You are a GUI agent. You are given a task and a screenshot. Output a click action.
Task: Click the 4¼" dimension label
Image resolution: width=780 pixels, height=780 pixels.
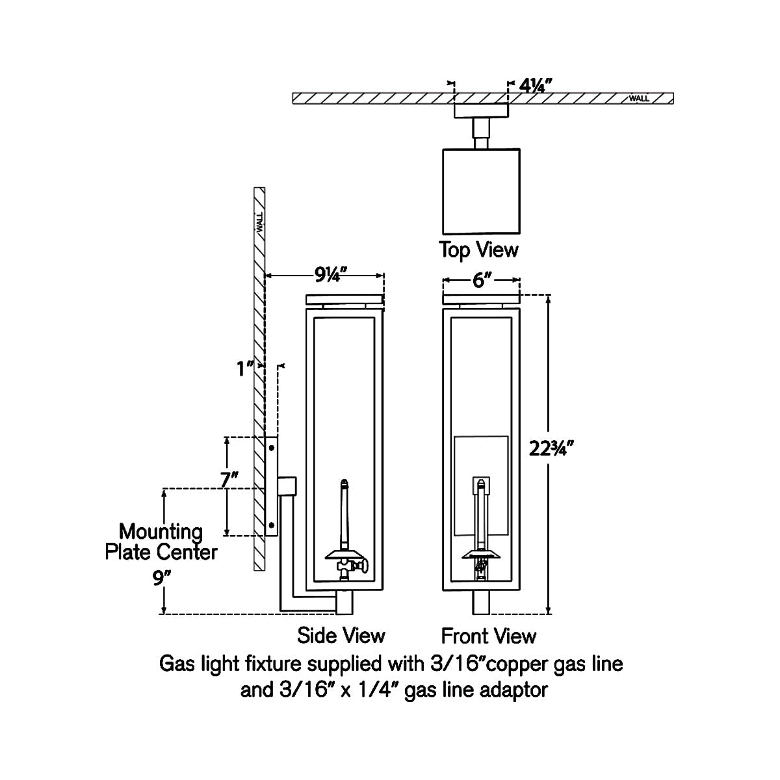[536, 85]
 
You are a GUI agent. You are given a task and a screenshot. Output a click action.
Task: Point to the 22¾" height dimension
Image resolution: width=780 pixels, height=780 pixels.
[551, 449]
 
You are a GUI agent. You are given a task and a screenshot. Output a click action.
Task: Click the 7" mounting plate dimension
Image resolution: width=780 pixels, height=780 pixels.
[229, 481]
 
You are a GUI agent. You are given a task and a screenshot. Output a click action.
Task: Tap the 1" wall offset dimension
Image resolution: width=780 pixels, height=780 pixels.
[245, 369]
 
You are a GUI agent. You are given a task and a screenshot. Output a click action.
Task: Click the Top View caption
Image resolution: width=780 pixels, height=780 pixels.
[479, 250]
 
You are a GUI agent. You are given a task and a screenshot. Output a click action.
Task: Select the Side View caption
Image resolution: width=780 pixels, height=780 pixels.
[341, 634]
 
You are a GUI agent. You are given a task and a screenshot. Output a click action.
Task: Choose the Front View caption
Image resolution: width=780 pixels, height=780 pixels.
[489, 635]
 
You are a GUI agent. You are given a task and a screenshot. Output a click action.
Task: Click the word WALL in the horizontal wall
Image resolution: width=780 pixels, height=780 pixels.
[639, 99]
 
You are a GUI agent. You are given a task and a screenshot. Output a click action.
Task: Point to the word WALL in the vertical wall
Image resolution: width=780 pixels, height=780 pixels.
[259, 223]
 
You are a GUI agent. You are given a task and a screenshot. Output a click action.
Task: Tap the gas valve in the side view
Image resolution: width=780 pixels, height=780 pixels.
[346, 569]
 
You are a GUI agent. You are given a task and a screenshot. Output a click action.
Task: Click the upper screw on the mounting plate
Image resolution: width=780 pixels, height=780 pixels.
[272, 448]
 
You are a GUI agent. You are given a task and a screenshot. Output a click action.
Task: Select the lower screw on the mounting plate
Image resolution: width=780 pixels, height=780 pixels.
[272, 524]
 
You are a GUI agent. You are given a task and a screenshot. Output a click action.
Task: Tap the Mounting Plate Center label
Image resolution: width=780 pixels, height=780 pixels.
[161, 542]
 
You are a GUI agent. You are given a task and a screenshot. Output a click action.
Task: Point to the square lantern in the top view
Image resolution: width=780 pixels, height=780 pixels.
[481, 191]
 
